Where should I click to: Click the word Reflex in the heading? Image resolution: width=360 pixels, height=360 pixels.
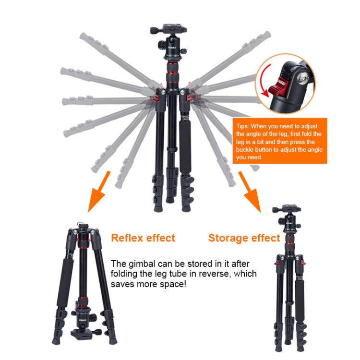tap(126, 238)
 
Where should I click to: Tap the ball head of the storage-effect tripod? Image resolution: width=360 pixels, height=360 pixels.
tap(289, 222)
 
